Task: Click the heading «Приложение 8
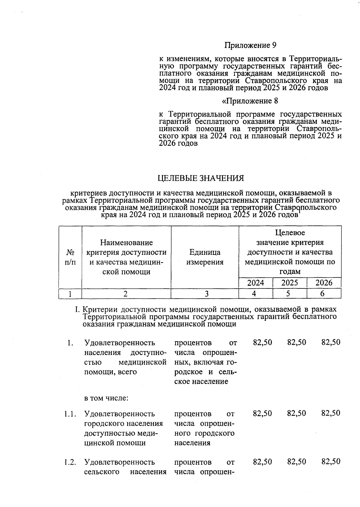pyautogui.click(x=250, y=101)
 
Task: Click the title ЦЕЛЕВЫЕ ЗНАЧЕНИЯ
pyautogui.click(x=201, y=178)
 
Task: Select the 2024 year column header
pyautogui.click(x=256, y=283)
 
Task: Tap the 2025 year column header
pyautogui.click(x=290, y=283)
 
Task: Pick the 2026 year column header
pyautogui.click(x=324, y=283)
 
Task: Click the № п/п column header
pyautogui.click(x=70, y=257)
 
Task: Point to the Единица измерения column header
pyautogui.click(x=205, y=257)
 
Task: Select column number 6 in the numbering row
pyautogui.click(x=322, y=294)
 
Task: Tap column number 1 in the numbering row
pyautogui.click(x=70, y=294)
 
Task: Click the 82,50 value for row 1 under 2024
pyautogui.click(x=262, y=342)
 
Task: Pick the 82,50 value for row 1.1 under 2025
pyautogui.click(x=296, y=413)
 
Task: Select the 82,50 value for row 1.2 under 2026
pyautogui.click(x=331, y=462)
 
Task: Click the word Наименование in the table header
pyautogui.click(x=126, y=242)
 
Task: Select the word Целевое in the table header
pyautogui.click(x=290, y=233)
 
